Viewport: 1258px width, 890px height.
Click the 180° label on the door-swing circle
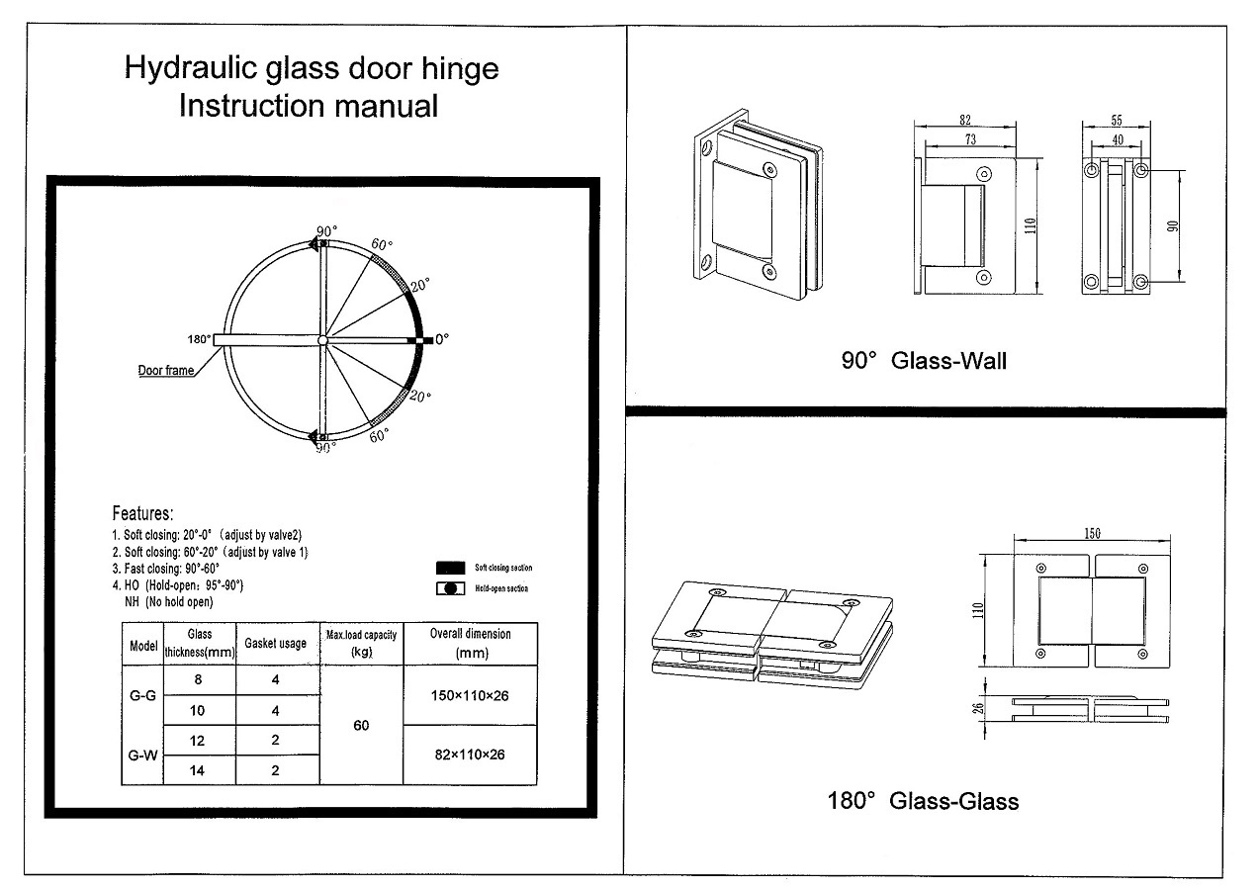198,339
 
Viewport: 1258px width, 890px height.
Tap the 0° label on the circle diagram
441,338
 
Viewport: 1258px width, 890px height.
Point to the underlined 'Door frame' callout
165,372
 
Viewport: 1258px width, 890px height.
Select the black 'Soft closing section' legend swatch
450,568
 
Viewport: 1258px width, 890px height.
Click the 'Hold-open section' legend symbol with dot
450,588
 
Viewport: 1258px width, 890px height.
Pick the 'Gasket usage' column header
276,644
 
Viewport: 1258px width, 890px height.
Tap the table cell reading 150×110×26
470,696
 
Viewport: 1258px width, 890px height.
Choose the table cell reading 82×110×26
470,755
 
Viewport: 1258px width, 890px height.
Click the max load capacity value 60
361,726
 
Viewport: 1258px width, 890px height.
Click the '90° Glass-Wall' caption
924,361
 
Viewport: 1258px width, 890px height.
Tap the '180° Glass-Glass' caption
923,800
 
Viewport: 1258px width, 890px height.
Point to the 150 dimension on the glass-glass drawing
1091,534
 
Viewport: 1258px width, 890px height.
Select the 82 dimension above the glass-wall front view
964,120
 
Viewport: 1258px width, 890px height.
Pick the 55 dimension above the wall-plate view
1117,120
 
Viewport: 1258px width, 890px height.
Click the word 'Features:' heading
143,513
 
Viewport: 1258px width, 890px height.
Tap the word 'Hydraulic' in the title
185,69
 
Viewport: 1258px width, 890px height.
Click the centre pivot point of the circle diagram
322,340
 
